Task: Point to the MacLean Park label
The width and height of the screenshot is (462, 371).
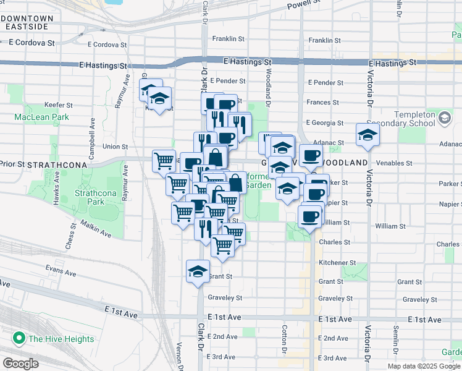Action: (42, 116)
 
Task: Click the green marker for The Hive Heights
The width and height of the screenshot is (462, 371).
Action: (19, 338)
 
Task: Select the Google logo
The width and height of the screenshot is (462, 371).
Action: (20, 364)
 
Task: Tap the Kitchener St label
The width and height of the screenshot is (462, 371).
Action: (337, 263)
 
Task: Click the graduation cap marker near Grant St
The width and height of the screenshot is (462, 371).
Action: (198, 271)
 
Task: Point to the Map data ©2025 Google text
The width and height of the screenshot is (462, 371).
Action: (424, 366)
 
